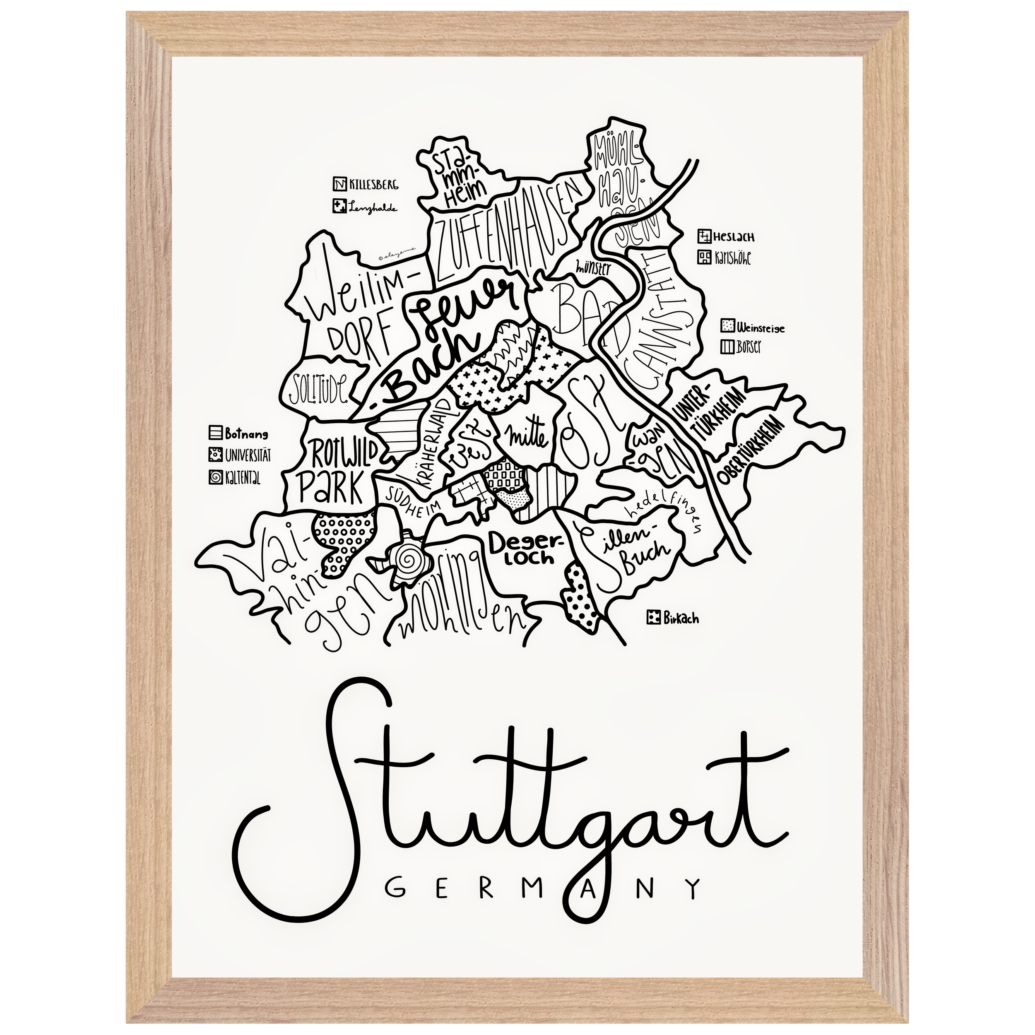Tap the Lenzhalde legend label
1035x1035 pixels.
point(373,207)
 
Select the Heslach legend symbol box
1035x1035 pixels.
point(704,236)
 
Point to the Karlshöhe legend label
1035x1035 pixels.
point(732,258)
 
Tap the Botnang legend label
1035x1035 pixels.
point(247,433)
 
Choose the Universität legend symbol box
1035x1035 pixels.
point(214,455)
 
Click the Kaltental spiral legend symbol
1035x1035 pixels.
point(214,478)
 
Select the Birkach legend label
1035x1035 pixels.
point(681,618)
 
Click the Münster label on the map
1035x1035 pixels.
point(592,266)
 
